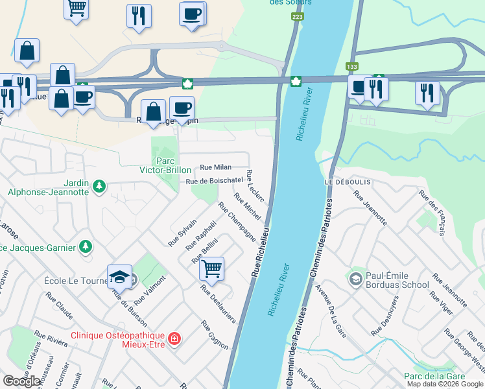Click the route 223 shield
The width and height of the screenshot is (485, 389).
click(297, 16)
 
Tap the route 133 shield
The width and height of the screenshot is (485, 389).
click(351, 66)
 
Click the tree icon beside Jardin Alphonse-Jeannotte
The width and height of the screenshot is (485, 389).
click(99, 187)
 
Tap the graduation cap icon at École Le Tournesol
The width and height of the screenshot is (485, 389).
click(119, 277)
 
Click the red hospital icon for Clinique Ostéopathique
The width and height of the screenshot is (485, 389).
click(173, 338)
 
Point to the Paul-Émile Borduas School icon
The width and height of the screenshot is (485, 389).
click(355, 279)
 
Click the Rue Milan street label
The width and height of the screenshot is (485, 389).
click(215, 167)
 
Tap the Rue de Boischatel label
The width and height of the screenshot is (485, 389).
click(214, 181)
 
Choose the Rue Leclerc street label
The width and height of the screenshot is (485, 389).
click(255, 187)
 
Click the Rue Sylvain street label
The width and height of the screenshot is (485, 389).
click(182, 231)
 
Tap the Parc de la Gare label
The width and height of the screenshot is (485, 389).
click(444, 376)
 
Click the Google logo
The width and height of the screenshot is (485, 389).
click(22, 381)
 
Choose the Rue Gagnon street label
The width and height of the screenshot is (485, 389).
click(214, 335)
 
